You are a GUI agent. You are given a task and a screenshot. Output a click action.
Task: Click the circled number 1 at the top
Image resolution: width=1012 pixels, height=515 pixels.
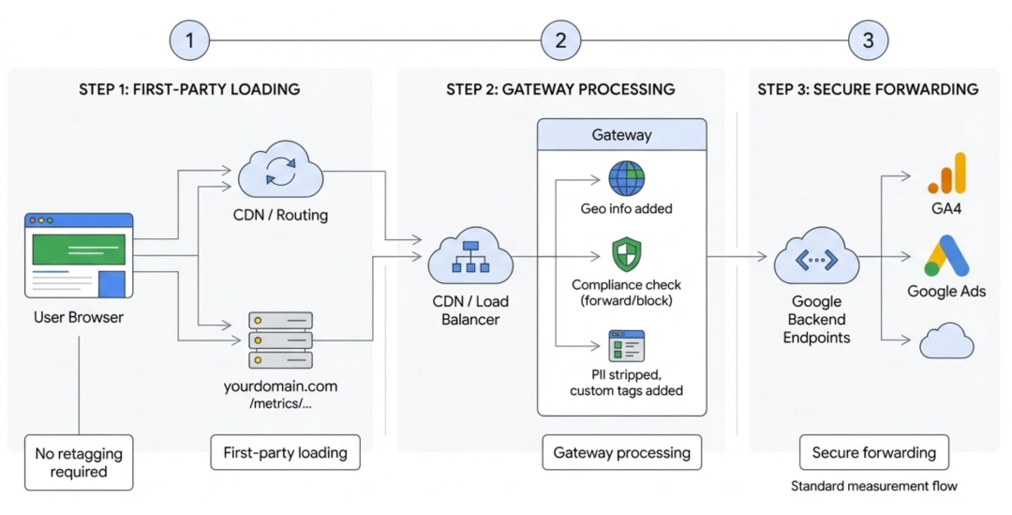click(x=190, y=40)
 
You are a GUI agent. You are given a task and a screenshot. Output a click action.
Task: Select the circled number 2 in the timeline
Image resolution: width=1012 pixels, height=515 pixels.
click(x=560, y=40)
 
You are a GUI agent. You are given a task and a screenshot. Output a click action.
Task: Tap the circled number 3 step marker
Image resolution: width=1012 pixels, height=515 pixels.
click(x=868, y=40)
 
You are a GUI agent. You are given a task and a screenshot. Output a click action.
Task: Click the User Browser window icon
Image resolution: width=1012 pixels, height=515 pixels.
click(x=79, y=255)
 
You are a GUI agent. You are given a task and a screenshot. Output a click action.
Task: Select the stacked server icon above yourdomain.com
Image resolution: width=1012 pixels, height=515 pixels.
click(x=280, y=340)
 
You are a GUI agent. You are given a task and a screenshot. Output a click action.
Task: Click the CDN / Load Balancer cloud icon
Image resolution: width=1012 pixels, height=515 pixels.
click(x=470, y=258)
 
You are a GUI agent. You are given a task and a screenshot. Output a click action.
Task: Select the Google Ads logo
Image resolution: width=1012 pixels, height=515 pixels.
click(x=946, y=255)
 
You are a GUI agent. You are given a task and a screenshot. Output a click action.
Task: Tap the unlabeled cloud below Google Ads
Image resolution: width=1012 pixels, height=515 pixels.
click(x=946, y=341)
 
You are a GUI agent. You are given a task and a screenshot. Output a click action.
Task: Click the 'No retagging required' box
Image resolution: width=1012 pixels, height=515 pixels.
click(x=79, y=462)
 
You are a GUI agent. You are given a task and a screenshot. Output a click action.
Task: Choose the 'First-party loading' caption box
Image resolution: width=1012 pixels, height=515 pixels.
click(x=285, y=452)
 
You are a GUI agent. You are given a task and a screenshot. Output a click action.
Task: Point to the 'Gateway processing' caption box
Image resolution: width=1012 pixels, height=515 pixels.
click(x=621, y=452)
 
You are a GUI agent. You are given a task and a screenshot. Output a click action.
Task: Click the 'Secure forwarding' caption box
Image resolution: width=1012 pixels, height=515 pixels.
click(x=873, y=452)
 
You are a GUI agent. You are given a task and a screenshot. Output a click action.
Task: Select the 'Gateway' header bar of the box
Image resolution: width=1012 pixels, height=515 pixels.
click(x=621, y=135)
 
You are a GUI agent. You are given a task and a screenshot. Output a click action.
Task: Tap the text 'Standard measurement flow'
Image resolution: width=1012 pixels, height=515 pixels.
click(x=873, y=486)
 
